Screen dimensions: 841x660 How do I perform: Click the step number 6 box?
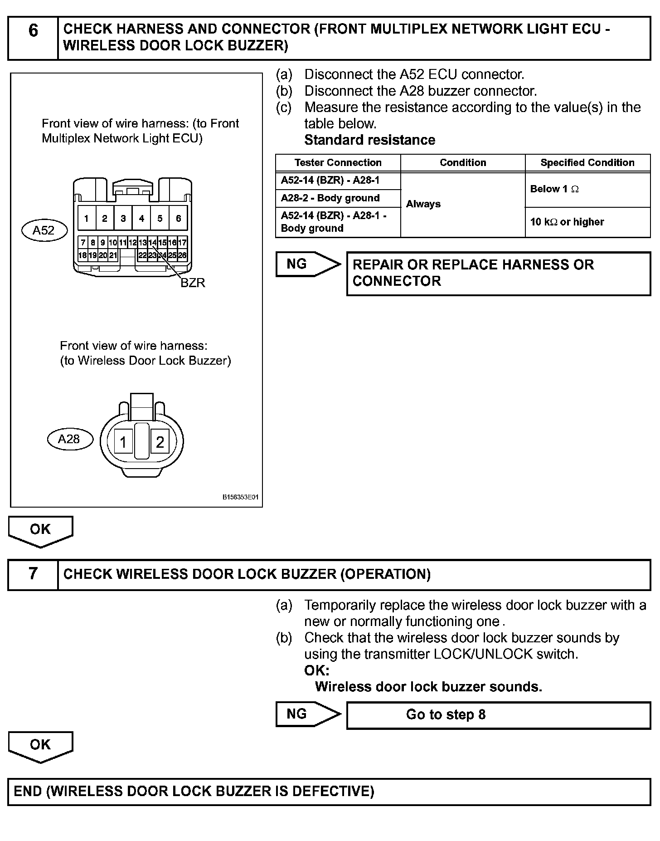point(33,38)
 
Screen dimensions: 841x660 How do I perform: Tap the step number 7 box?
point(33,574)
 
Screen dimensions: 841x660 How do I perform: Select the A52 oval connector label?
point(44,230)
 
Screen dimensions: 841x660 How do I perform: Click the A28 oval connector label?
point(69,439)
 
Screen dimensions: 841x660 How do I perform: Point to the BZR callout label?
point(193,283)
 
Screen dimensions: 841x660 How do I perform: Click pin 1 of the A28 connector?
point(123,442)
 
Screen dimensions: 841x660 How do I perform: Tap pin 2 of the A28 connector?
point(160,442)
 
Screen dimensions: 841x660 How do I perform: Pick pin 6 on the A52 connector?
point(178,219)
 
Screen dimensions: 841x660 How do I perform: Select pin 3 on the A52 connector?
point(123,219)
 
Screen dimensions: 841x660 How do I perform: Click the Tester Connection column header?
point(338,163)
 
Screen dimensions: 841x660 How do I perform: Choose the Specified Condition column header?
point(587,163)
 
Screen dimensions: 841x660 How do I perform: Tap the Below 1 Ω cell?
point(587,189)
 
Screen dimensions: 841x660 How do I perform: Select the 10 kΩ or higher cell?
point(587,222)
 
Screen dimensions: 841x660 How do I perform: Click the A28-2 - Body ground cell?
point(338,198)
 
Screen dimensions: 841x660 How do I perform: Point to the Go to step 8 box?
point(498,715)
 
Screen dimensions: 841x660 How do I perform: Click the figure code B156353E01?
point(240,498)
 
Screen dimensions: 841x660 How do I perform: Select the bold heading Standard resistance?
point(369,140)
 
